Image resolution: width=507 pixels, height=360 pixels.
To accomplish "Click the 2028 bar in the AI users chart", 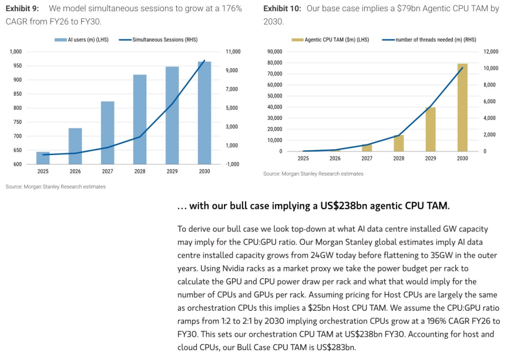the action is click(x=140, y=119).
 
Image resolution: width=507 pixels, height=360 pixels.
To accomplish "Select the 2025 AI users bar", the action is click(x=43, y=158).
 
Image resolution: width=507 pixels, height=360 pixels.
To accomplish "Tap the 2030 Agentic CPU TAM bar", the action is click(x=462, y=107).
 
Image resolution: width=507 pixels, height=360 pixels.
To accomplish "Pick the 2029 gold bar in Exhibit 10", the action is click(x=431, y=129).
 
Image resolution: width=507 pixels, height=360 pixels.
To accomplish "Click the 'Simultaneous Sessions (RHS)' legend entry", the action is click(x=158, y=40).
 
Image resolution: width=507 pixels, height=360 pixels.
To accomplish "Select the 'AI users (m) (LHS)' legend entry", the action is click(x=82, y=40).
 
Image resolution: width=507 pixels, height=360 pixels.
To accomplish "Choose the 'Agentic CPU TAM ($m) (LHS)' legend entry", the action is click(x=330, y=40).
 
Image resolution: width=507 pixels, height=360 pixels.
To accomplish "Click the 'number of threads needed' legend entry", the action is click(x=429, y=40).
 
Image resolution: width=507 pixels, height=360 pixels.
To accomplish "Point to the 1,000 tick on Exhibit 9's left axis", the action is click(x=15, y=52).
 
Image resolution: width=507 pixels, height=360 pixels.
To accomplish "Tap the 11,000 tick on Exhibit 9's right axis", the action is click(x=233, y=52).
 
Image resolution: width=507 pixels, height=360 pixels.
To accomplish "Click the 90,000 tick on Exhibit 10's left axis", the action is click(x=275, y=52).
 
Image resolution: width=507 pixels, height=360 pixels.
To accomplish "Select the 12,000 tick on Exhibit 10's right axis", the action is click(x=491, y=52).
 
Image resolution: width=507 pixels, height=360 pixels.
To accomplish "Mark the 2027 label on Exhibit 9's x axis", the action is click(x=108, y=171).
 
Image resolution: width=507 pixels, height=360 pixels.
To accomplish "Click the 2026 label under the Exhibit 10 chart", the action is click(x=335, y=159).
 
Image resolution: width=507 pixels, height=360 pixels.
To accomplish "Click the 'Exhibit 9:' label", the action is click(x=22, y=8).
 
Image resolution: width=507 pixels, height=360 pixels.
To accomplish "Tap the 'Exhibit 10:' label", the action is click(x=282, y=8).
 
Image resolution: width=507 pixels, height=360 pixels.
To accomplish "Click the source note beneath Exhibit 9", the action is click(x=56, y=187).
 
